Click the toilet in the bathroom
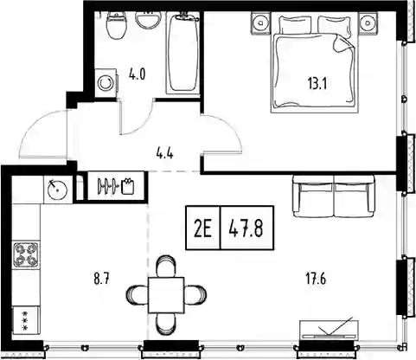click(x=117, y=25)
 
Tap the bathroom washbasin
click(x=148, y=20)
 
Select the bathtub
click(x=183, y=53)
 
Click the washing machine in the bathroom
click(x=106, y=83)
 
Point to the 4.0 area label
click(x=138, y=74)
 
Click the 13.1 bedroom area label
click(x=317, y=85)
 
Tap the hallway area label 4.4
click(x=164, y=154)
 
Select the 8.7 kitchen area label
click(x=102, y=280)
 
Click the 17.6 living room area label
click(x=316, y=280)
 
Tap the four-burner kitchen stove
click(x=26, y=254)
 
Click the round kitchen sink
click(x=57, y=190)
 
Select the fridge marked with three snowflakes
click(x=26, y=319)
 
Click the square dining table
click(x=166, y=295)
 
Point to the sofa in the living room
click(x=334, y=196)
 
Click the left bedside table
click(x=261, y=22)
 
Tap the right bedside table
click(x=368, y=22)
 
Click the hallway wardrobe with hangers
click(x=115, y=186)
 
